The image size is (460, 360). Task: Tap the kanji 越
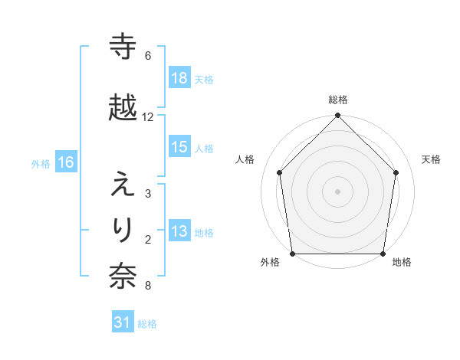[123, 108]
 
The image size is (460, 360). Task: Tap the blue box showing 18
[179, 78]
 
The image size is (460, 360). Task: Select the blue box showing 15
[179, 147]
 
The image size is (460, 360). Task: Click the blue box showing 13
[179, 231]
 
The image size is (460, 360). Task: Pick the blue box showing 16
[65, 162]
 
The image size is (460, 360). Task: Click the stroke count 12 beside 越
[148, 117]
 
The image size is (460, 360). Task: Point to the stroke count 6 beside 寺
[148, 56]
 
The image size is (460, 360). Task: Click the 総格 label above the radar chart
[338, 100]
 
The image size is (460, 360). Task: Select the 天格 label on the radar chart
[432, 159]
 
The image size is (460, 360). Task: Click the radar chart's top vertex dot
[338, 116]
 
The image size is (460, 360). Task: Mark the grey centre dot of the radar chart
[338, 191]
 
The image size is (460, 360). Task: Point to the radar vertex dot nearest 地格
[383, 254]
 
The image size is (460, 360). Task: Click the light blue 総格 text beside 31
[147, 324]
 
